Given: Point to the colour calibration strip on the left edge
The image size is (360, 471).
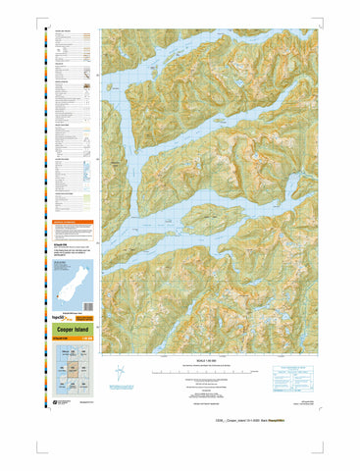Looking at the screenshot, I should tap(41, 226).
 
